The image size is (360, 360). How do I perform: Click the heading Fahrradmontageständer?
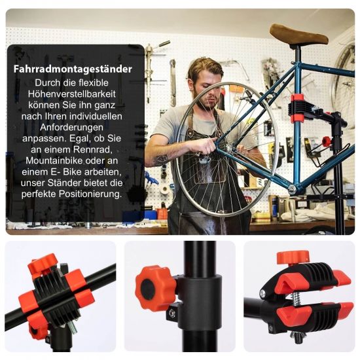[73, 69]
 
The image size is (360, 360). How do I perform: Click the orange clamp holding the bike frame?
[298, 109]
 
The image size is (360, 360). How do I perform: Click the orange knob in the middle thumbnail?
[153, 288]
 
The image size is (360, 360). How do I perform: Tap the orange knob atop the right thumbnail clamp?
[293, 257]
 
